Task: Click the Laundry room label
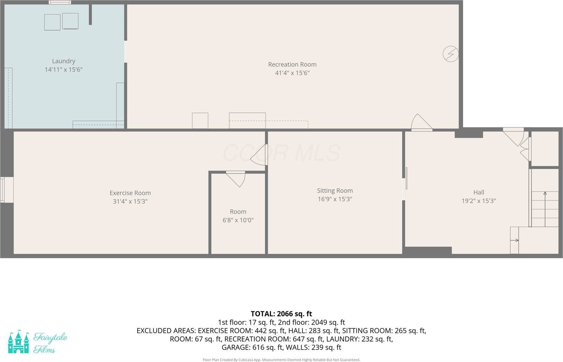click(x=64, y=61)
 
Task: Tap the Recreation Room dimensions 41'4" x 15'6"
click(x=292, y=73)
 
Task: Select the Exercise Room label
click(x=130, y=193)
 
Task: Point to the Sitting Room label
click(x=335, y=191)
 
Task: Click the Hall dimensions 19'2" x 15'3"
click(x=479, y=201)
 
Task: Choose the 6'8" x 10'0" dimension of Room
click(x=238, y=220)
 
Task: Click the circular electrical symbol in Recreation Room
click(x=450, y=54)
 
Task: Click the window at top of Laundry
click(x=60, y=2)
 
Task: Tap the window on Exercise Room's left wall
click(x=2, y=190)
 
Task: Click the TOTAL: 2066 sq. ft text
click(x=281, y=314)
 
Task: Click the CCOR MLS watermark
click(x=281, y=153)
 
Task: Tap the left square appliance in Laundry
click(x=52, y=22)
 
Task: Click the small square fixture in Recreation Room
click(x=200, y=121)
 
